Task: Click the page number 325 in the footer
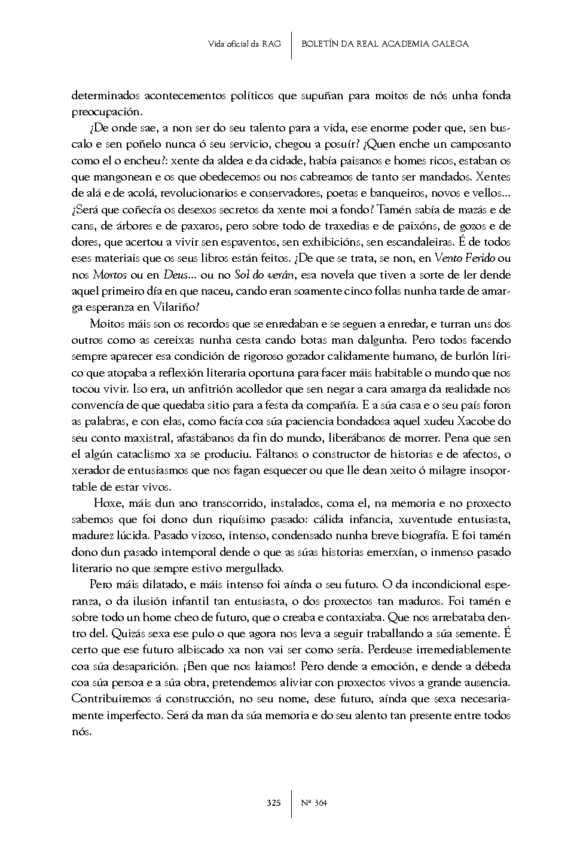coord(274,803)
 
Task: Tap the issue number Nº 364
coord(314,803)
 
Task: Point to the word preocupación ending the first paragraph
coord(99,112)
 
